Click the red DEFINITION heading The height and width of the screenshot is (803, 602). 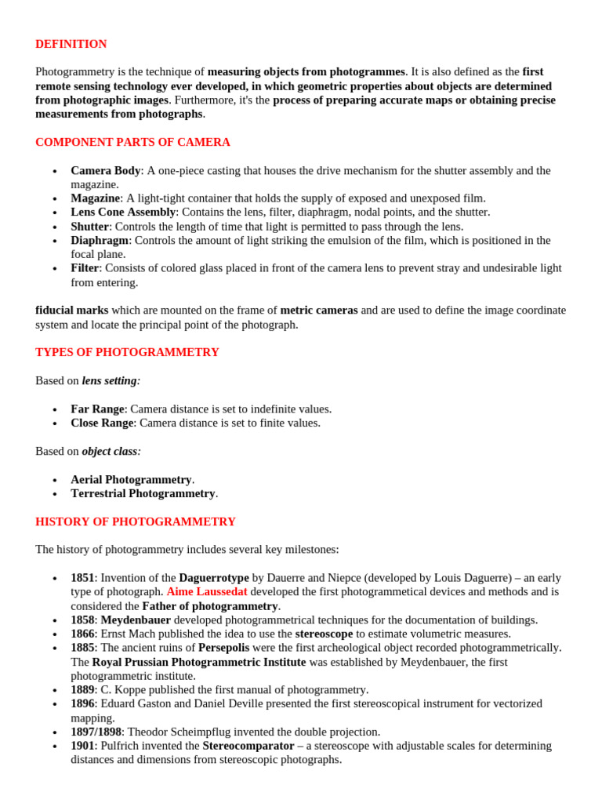click(x=71, y=44)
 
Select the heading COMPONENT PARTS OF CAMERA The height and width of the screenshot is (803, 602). click(x=132, y=142)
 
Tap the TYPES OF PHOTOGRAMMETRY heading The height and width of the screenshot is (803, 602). click(x=127, y=352)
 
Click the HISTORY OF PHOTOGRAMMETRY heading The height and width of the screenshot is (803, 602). click(x=135, y=521)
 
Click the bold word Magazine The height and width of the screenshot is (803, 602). click(x=95, y=198)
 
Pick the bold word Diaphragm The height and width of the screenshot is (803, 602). click(x=99, y=240)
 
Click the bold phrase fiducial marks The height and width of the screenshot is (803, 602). click(x=71, y=310)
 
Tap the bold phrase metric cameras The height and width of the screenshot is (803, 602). click(x=318, y=310)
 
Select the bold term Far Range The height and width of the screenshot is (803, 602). click(x=97, y=409)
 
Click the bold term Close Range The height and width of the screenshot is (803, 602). click(x=102, y=423)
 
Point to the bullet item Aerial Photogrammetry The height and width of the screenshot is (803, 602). click(x=131, y=479)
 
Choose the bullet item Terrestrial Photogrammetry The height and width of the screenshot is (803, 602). click(x=143, y=493)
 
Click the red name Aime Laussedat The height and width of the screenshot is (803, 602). click(x=206, y=591)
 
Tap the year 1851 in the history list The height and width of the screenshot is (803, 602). click(x=82, y=577)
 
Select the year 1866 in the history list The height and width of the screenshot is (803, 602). click(x=82, y=634)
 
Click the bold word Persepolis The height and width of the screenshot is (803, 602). click(x=229, y=648)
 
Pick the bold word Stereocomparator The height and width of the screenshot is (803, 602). click(x=248, y=746)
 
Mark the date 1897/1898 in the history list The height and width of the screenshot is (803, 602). click(x=96, y=732)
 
